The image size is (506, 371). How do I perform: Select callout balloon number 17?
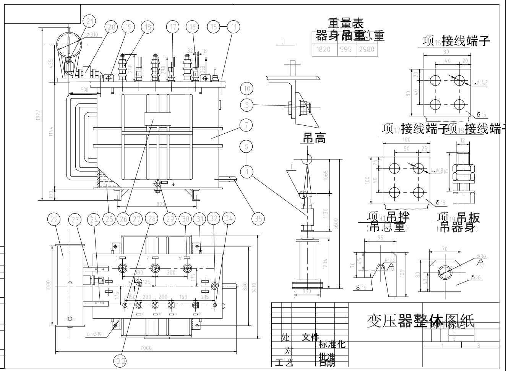[173, 27]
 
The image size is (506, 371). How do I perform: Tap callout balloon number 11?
[234, 27]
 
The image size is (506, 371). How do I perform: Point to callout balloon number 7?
[247, 125]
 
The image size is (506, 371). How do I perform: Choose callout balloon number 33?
[120, 361]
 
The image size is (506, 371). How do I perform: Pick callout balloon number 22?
[55, 219]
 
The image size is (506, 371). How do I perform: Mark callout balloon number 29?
[169, 219]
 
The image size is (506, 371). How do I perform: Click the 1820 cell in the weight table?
[325, 49]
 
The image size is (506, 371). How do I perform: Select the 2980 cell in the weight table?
[367, 49]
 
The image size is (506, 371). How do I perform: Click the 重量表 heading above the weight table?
[345, 24]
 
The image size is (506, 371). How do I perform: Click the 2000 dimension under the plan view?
[146, 348]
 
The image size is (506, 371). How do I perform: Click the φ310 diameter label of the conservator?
[92, 35]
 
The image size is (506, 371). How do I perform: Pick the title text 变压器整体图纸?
[420, 321]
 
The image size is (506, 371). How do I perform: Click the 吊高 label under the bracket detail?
[315, 139]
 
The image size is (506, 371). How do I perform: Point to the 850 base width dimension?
[306, 292]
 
